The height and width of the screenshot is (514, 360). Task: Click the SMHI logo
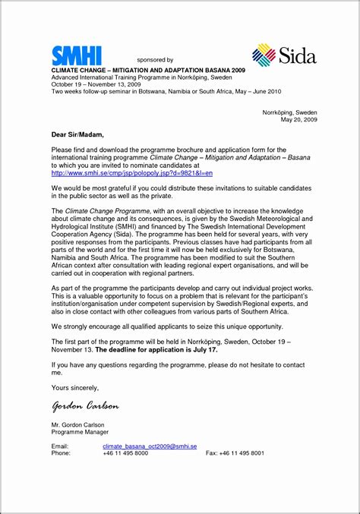(76, 55)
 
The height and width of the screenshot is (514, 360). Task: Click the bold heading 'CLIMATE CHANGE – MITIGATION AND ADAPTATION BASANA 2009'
(137, 68)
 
